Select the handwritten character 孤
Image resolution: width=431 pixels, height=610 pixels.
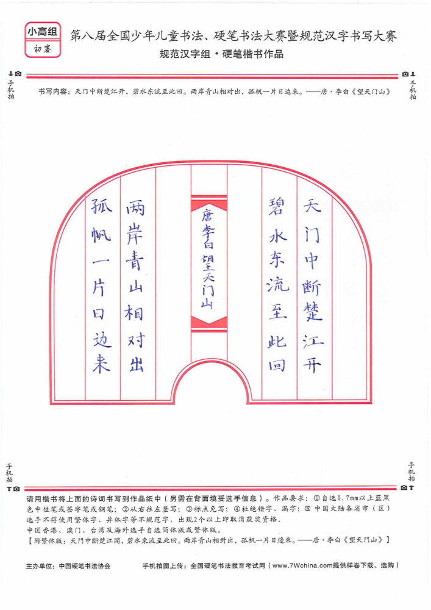pos(101,206)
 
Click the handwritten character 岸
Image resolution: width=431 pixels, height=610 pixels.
pos(135,234)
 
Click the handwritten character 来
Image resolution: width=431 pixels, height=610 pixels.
pos(101,364)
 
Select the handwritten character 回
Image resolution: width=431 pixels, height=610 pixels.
pos(277,365)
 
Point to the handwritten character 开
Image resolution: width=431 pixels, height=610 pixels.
pos(312,365)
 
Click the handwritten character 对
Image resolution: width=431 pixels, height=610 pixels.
pos(136,340)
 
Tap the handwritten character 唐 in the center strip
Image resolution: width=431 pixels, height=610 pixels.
pos(207,215)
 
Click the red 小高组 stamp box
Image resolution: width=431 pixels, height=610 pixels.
pos(43,40)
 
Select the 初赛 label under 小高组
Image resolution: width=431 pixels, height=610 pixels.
pos(42,49)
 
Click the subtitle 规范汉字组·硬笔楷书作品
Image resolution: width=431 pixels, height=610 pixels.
pos(221,54)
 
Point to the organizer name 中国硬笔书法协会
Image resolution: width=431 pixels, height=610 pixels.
pos(84,566)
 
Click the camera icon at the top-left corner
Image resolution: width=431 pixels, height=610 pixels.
pos(18,74)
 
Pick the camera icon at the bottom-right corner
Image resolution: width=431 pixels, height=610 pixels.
pos(404,487)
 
